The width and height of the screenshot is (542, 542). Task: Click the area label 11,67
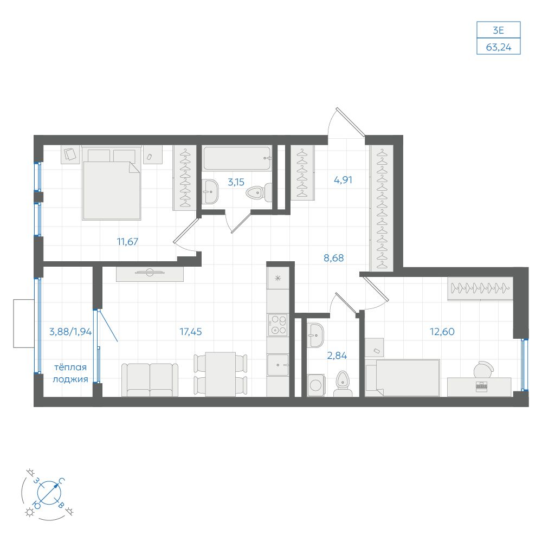pyautogui.click(x=127, y=241)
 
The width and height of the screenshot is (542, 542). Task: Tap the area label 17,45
pyautogui.click(x=190, y=332)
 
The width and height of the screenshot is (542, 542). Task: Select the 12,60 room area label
pyautogui.click(x=442, y=332)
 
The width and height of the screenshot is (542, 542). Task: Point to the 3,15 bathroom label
pyautogui.click(x=236, y=182)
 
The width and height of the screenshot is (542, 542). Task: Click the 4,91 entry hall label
pyautogui.click(x=343, y=180)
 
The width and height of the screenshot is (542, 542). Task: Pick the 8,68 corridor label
pyautogui.click(x=333, y=258)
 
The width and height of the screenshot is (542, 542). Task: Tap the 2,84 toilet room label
pyautogui.click(x=337, y=355)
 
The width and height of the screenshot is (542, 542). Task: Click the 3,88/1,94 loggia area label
pyautogui.click(x=70, y=332)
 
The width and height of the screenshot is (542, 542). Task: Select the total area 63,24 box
pyautogui.click(x=499, y=46)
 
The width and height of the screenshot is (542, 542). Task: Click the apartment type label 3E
pyautogui.click(x=499, y=30)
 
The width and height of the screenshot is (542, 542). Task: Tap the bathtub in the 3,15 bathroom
pyautogui.click(x=237, y=158)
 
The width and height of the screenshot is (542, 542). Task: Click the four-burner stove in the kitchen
pyautogui.click(x=278, y=325)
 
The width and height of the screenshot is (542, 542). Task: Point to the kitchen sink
pyautogui.click(x=278, y=365)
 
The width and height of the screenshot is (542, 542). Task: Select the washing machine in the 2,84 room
pyautogui.click(x=315, y=385)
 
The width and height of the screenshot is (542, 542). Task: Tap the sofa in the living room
pyautogui.click(x=150, y=379)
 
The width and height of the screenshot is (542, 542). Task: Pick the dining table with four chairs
pyautogui.click(x=221, y=374)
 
